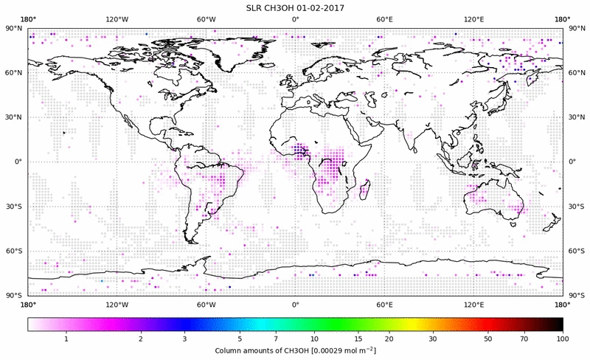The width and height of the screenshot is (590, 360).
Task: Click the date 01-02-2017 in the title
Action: coord(321,7)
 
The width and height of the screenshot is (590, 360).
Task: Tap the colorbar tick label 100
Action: coord(563,339)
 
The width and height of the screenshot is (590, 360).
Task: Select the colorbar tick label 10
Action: coord(315,339)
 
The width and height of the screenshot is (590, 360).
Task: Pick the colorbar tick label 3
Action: coord(185,339)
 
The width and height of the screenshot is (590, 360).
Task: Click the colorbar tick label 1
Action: coord(66,339)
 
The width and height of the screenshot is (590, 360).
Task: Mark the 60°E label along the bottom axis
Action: coord(384,304)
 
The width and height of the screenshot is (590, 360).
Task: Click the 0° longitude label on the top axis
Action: coord(295,19)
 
